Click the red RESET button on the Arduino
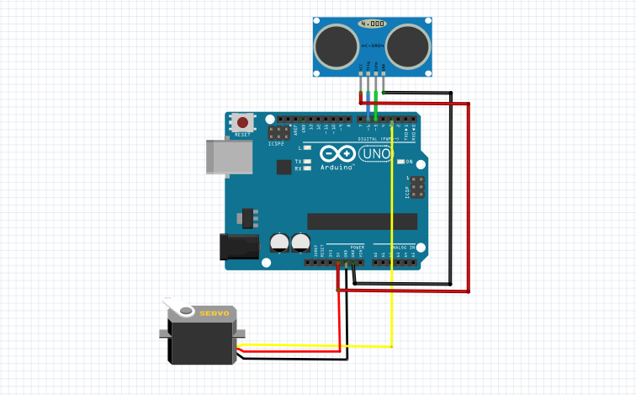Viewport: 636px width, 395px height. [242, 123]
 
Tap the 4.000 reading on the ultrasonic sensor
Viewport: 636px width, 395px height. [373, 24]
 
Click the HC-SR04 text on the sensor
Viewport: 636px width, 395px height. [373, 45]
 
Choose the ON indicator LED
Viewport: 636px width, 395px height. [401, 161]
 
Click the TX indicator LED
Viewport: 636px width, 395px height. [308, 161]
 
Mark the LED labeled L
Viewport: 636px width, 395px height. [308, 147]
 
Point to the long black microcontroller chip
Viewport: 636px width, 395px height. [362, 221]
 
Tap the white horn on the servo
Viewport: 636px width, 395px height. [174, 305]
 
